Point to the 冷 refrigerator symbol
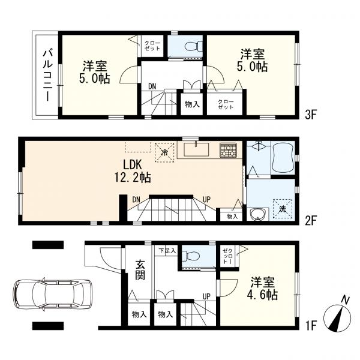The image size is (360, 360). point(164,151)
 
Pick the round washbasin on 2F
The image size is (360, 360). point(259,214)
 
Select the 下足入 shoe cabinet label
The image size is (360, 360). point(167,250)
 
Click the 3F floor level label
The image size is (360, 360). point(310,112)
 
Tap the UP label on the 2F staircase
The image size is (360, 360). point(205,199)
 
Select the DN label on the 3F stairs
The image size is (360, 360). point(152,87)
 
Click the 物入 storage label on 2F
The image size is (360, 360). point(232,216)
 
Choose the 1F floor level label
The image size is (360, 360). point(310,328)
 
